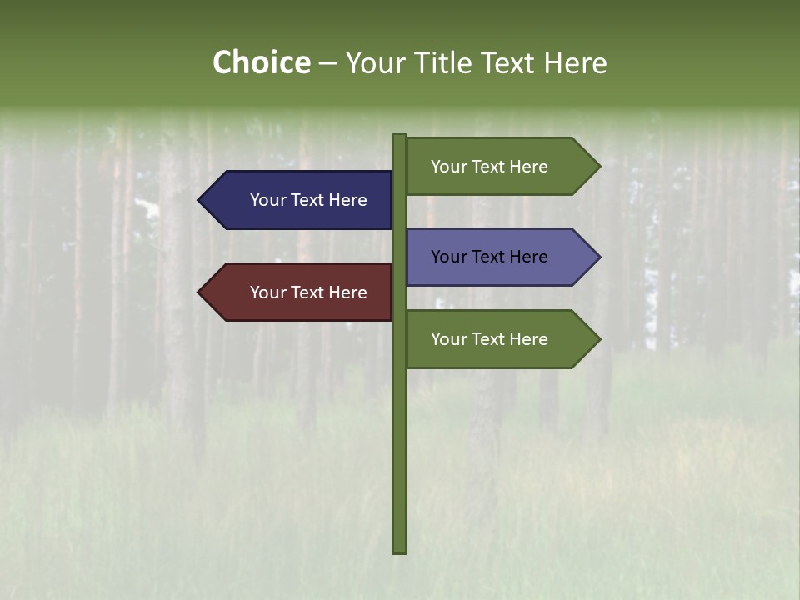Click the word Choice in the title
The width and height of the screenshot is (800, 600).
[x=261, y=62]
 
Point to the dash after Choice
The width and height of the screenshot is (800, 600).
[x=327, y=63]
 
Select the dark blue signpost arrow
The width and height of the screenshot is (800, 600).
[x=300, y=200]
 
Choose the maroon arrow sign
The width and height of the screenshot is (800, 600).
[x=300, y=292]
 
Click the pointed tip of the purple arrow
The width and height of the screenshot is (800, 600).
[x=598, y=257]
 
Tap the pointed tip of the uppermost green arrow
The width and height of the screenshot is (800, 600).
[x=598, y=167]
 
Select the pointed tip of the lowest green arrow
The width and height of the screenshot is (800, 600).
[x=598, y=339]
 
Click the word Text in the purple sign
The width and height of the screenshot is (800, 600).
[x=491, y=257]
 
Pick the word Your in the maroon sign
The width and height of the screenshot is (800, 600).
[x=268, y=292]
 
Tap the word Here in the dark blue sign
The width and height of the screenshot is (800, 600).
[x=347, y=200]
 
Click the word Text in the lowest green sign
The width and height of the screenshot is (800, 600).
[x=491, y=339]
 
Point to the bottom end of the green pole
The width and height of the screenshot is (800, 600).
[x=400, y=551]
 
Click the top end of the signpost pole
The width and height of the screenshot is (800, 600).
[x=400, y=136]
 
